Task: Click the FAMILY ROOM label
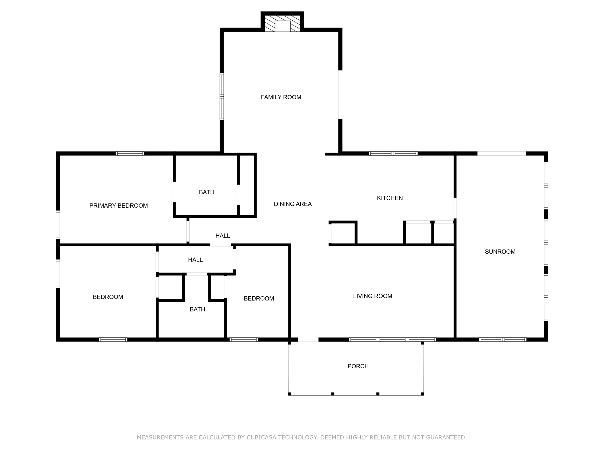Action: pyautogui.click(x=281, y=97)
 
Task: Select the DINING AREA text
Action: pyautogui.click(x=293, y=204)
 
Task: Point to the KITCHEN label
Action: pyautogui.click(x=390, y=198)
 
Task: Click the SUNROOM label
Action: pyautogui.click(x=500, y=252)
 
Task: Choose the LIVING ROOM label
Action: pyautogui.click(x=372, y=296)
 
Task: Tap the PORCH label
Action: pyautogui.click(x=358, y=366)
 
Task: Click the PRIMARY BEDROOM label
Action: pyautogui.click(x=119, y=206)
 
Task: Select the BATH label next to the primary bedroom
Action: pyautogui.click(x=206, y=192)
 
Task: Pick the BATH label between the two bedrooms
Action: pyautogui.click(x=197, y=309)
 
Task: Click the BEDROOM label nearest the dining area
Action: pyautogui.click(x=259, y=299)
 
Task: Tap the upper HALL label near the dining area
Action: pyautogui.click(x=223, y=236)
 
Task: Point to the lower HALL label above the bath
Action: pyautogui.click(x=195, y=260)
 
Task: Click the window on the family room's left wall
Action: pyautogui.click(x=222, y=96)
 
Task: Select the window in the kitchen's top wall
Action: pyautogui.click(x=393, y=153)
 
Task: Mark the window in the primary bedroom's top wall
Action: pyautogui.click(x=130, y=153)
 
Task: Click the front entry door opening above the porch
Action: pyautogui.click(x=308, y=340)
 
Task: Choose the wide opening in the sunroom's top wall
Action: pyautogui.click(x=501, y=153)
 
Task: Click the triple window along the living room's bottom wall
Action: pyautogui.click(x=392, y=340)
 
